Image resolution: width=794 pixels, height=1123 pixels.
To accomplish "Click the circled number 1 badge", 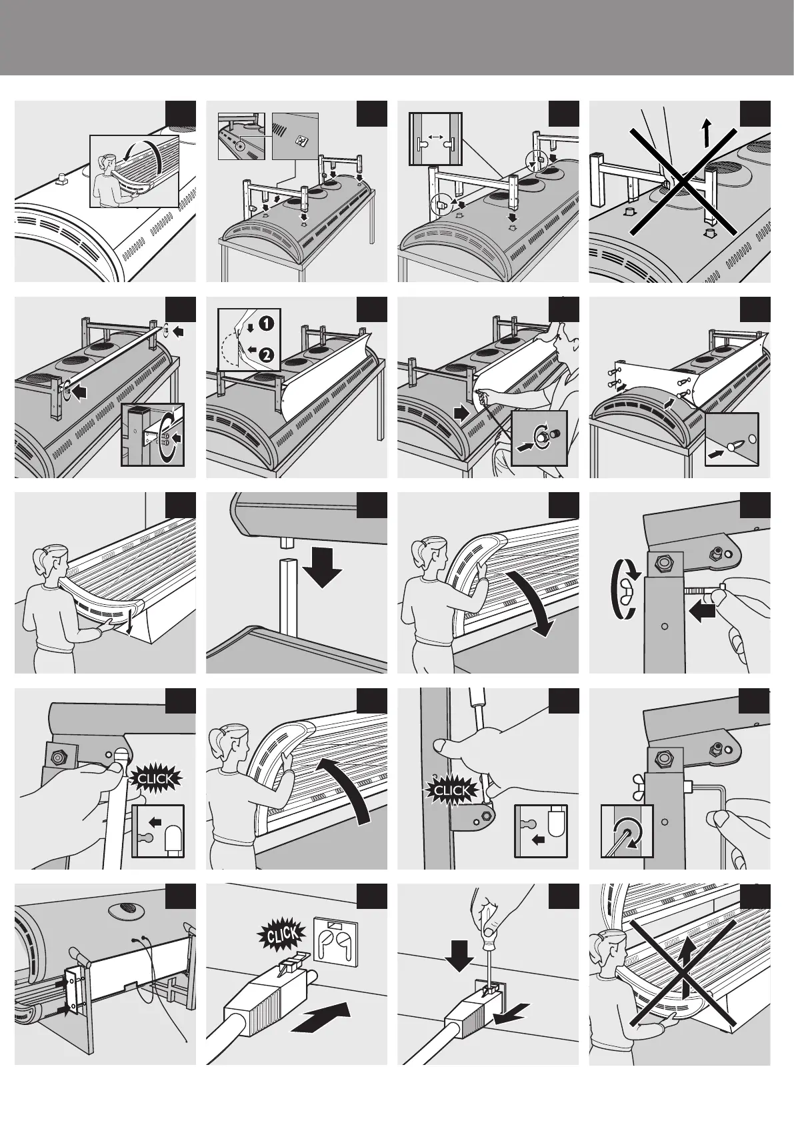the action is [266, 323].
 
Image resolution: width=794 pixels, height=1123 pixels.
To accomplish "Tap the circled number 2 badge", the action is [267, 356].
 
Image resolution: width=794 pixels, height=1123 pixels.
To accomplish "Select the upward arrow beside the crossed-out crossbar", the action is [707, 133].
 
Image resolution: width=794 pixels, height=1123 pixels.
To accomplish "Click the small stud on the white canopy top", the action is [61, 178].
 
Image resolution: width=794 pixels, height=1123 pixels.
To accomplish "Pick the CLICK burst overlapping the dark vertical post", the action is [451, 792].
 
